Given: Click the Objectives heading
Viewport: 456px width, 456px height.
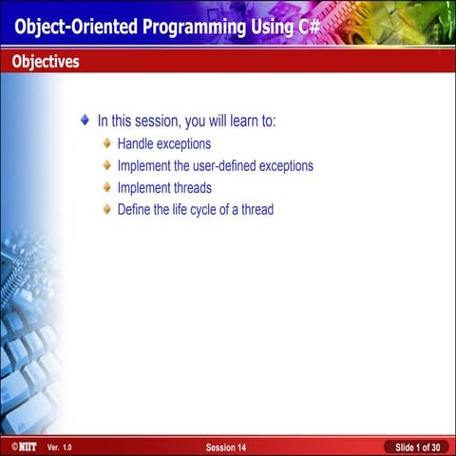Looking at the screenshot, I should coord(46,63).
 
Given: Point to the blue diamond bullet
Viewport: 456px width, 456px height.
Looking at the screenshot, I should coord(85,122).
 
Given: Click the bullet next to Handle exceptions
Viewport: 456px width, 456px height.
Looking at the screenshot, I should coord(106,144).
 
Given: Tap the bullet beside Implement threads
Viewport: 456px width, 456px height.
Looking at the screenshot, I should coord(106,188).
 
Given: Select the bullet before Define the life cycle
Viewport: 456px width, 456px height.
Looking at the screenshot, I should coord(106,210).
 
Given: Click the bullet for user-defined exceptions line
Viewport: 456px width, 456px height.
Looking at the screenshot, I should coord(106,166).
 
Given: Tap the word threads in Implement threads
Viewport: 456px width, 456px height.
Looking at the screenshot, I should coord(190,188).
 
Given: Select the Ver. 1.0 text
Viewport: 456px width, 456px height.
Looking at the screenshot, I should coord(59,446).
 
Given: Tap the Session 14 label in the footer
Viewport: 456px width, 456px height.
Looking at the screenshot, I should coord(226,446).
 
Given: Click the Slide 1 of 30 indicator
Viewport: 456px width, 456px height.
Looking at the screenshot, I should coord(417,446).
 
